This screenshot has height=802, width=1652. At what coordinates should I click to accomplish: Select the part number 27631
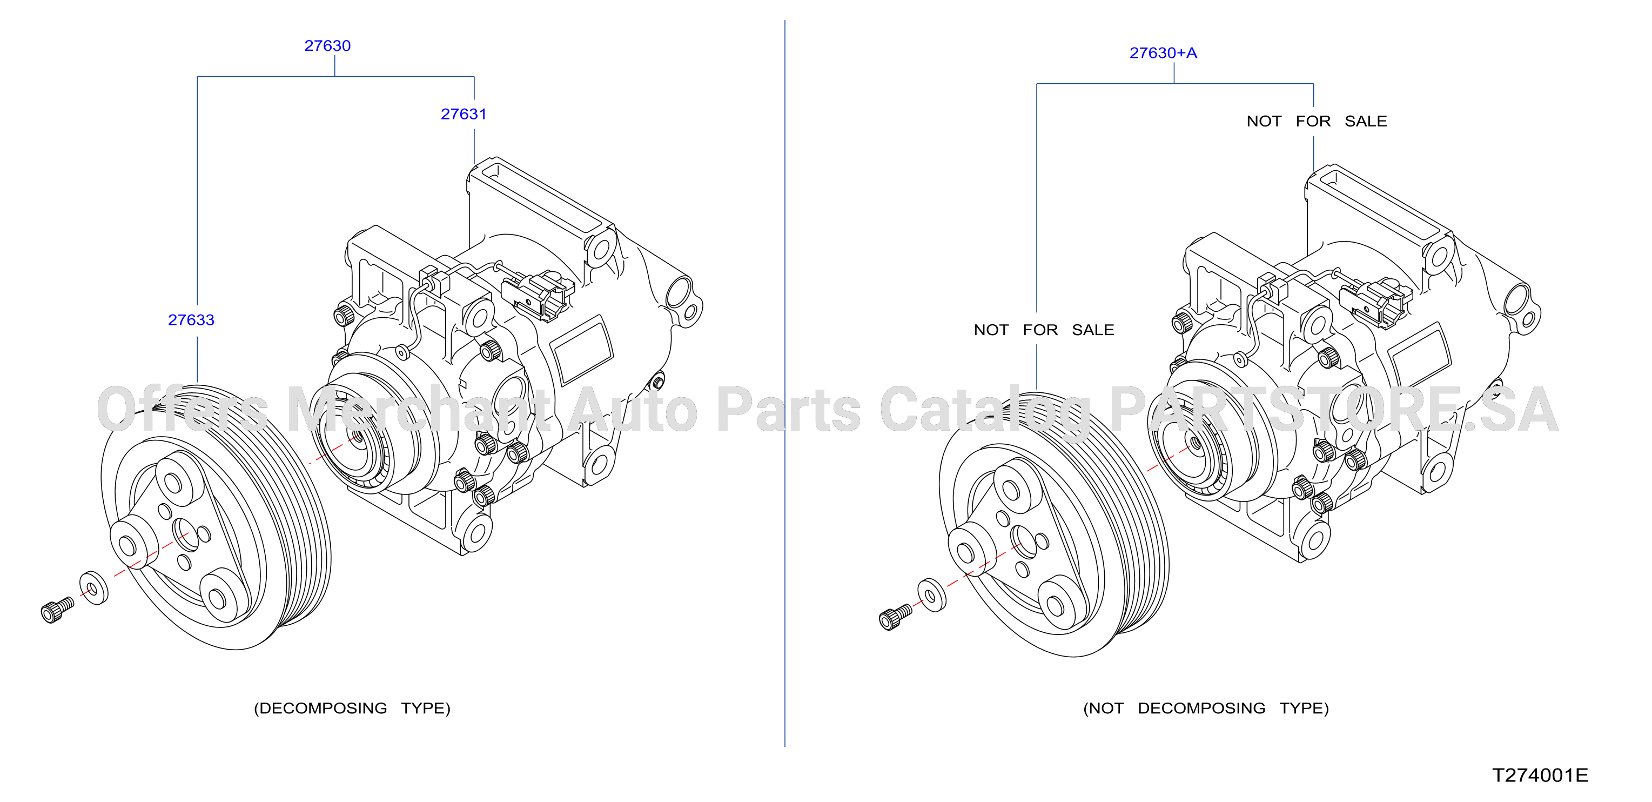click(464, 114)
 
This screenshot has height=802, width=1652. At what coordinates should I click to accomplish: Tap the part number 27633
click(191, 320)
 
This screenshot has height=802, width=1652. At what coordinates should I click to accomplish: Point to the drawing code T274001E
click(1540, 775)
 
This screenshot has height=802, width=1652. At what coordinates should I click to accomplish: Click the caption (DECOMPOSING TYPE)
click(352, 709)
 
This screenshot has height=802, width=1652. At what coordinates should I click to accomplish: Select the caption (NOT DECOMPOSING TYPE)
click(1206, 709)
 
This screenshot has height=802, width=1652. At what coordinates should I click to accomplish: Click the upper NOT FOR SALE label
click(1317, 121)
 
